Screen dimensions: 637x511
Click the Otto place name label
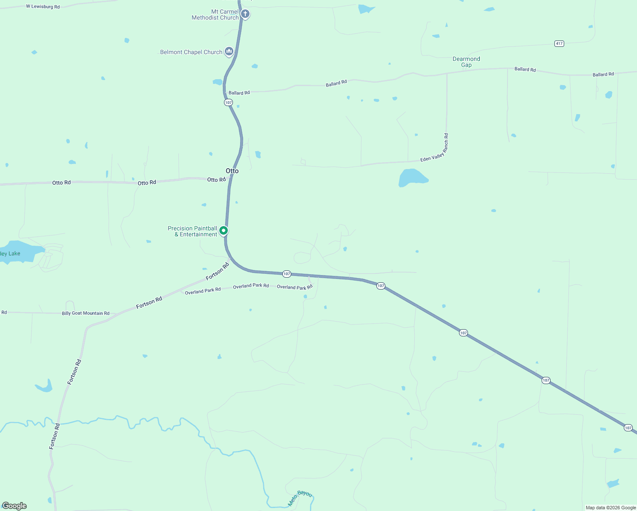pyautogui.click(x=232, y=171)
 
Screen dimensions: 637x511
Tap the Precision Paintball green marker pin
pyautogui.click(x=223, y=231)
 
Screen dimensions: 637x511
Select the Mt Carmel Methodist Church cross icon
pyautogui.click(x=245, y=14)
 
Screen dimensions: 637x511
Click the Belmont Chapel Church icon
pyautogui.click(x=229, y=52)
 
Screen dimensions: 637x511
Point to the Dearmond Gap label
pyautogui.click(x=466, y=62)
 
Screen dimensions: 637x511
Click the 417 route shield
pyautogui.click(x=559, y=43)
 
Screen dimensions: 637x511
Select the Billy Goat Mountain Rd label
pyautogui.click(x=86, y=313)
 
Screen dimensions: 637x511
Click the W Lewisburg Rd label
pyautogui.click(x=43, y=6)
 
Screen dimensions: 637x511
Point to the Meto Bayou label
pyautogui.click(x=300, y=498)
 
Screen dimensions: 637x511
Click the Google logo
pyautogui.click(x=14, y=506)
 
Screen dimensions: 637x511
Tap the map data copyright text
pyautogui.click(x=611, y=508)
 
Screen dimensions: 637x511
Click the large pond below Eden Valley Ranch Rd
pyautogui.click(x=411, y=178)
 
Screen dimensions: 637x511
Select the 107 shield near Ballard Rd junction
pyautogui.click(x=229, y=103)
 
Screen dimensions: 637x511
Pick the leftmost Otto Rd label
pyautogui.click(x=61, y=183)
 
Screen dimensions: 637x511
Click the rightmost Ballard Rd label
pyautogui.click(x=603, y=75)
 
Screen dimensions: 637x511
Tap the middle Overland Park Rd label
pyautogui.click(x=251, y=286)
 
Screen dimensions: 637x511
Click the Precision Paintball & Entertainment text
pyautogui.click(x=192, y=231)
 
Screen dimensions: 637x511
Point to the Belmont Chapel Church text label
pyautogui.click(x=191, y=52)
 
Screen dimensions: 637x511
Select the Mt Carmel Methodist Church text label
pyautogui.click(x=215, y=15)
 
